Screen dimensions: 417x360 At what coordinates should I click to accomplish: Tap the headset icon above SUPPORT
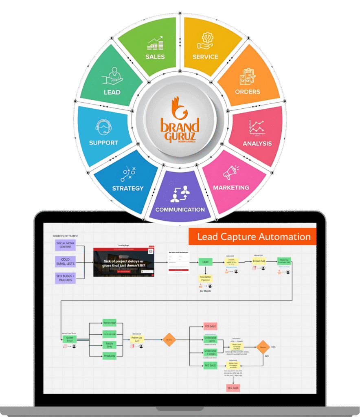[103, 127]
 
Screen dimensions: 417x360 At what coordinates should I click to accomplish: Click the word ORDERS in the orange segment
[247, 92]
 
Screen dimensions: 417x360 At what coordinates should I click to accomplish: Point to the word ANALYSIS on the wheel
[257, 143]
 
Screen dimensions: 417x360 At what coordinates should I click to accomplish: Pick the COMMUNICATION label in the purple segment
[180, 209]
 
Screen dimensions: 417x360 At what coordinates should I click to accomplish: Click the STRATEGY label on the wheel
[128, 188]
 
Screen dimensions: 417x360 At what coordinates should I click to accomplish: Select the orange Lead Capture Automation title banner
[252, 237]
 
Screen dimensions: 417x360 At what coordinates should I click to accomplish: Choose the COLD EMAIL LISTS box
[65, 261]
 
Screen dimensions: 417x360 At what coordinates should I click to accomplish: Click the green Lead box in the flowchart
[205, 262]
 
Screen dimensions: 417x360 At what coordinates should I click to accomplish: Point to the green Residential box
[109, 323]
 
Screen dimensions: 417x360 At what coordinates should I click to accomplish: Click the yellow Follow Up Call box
[137, 339]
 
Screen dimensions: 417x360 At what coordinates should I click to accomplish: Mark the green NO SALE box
[210, 366]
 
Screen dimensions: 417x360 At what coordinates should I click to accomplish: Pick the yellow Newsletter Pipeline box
[205, 278]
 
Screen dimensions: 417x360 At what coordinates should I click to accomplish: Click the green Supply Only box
[109, 345]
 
